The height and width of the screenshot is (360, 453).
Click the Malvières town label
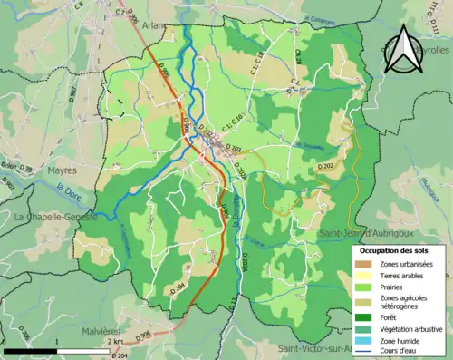[x=92, y=331]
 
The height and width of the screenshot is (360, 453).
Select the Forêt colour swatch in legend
[x=364, y=317]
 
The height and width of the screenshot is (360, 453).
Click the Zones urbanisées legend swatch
[x=364, y=264]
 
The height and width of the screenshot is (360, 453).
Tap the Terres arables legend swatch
[x=364, y=275]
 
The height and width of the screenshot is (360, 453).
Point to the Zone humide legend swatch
[x=364, y=340]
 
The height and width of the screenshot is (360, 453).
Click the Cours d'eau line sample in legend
[x=364, y=351]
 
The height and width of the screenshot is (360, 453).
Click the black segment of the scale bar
[x=32, y=350]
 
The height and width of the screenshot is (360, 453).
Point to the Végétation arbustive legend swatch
[x=364, y=329]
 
